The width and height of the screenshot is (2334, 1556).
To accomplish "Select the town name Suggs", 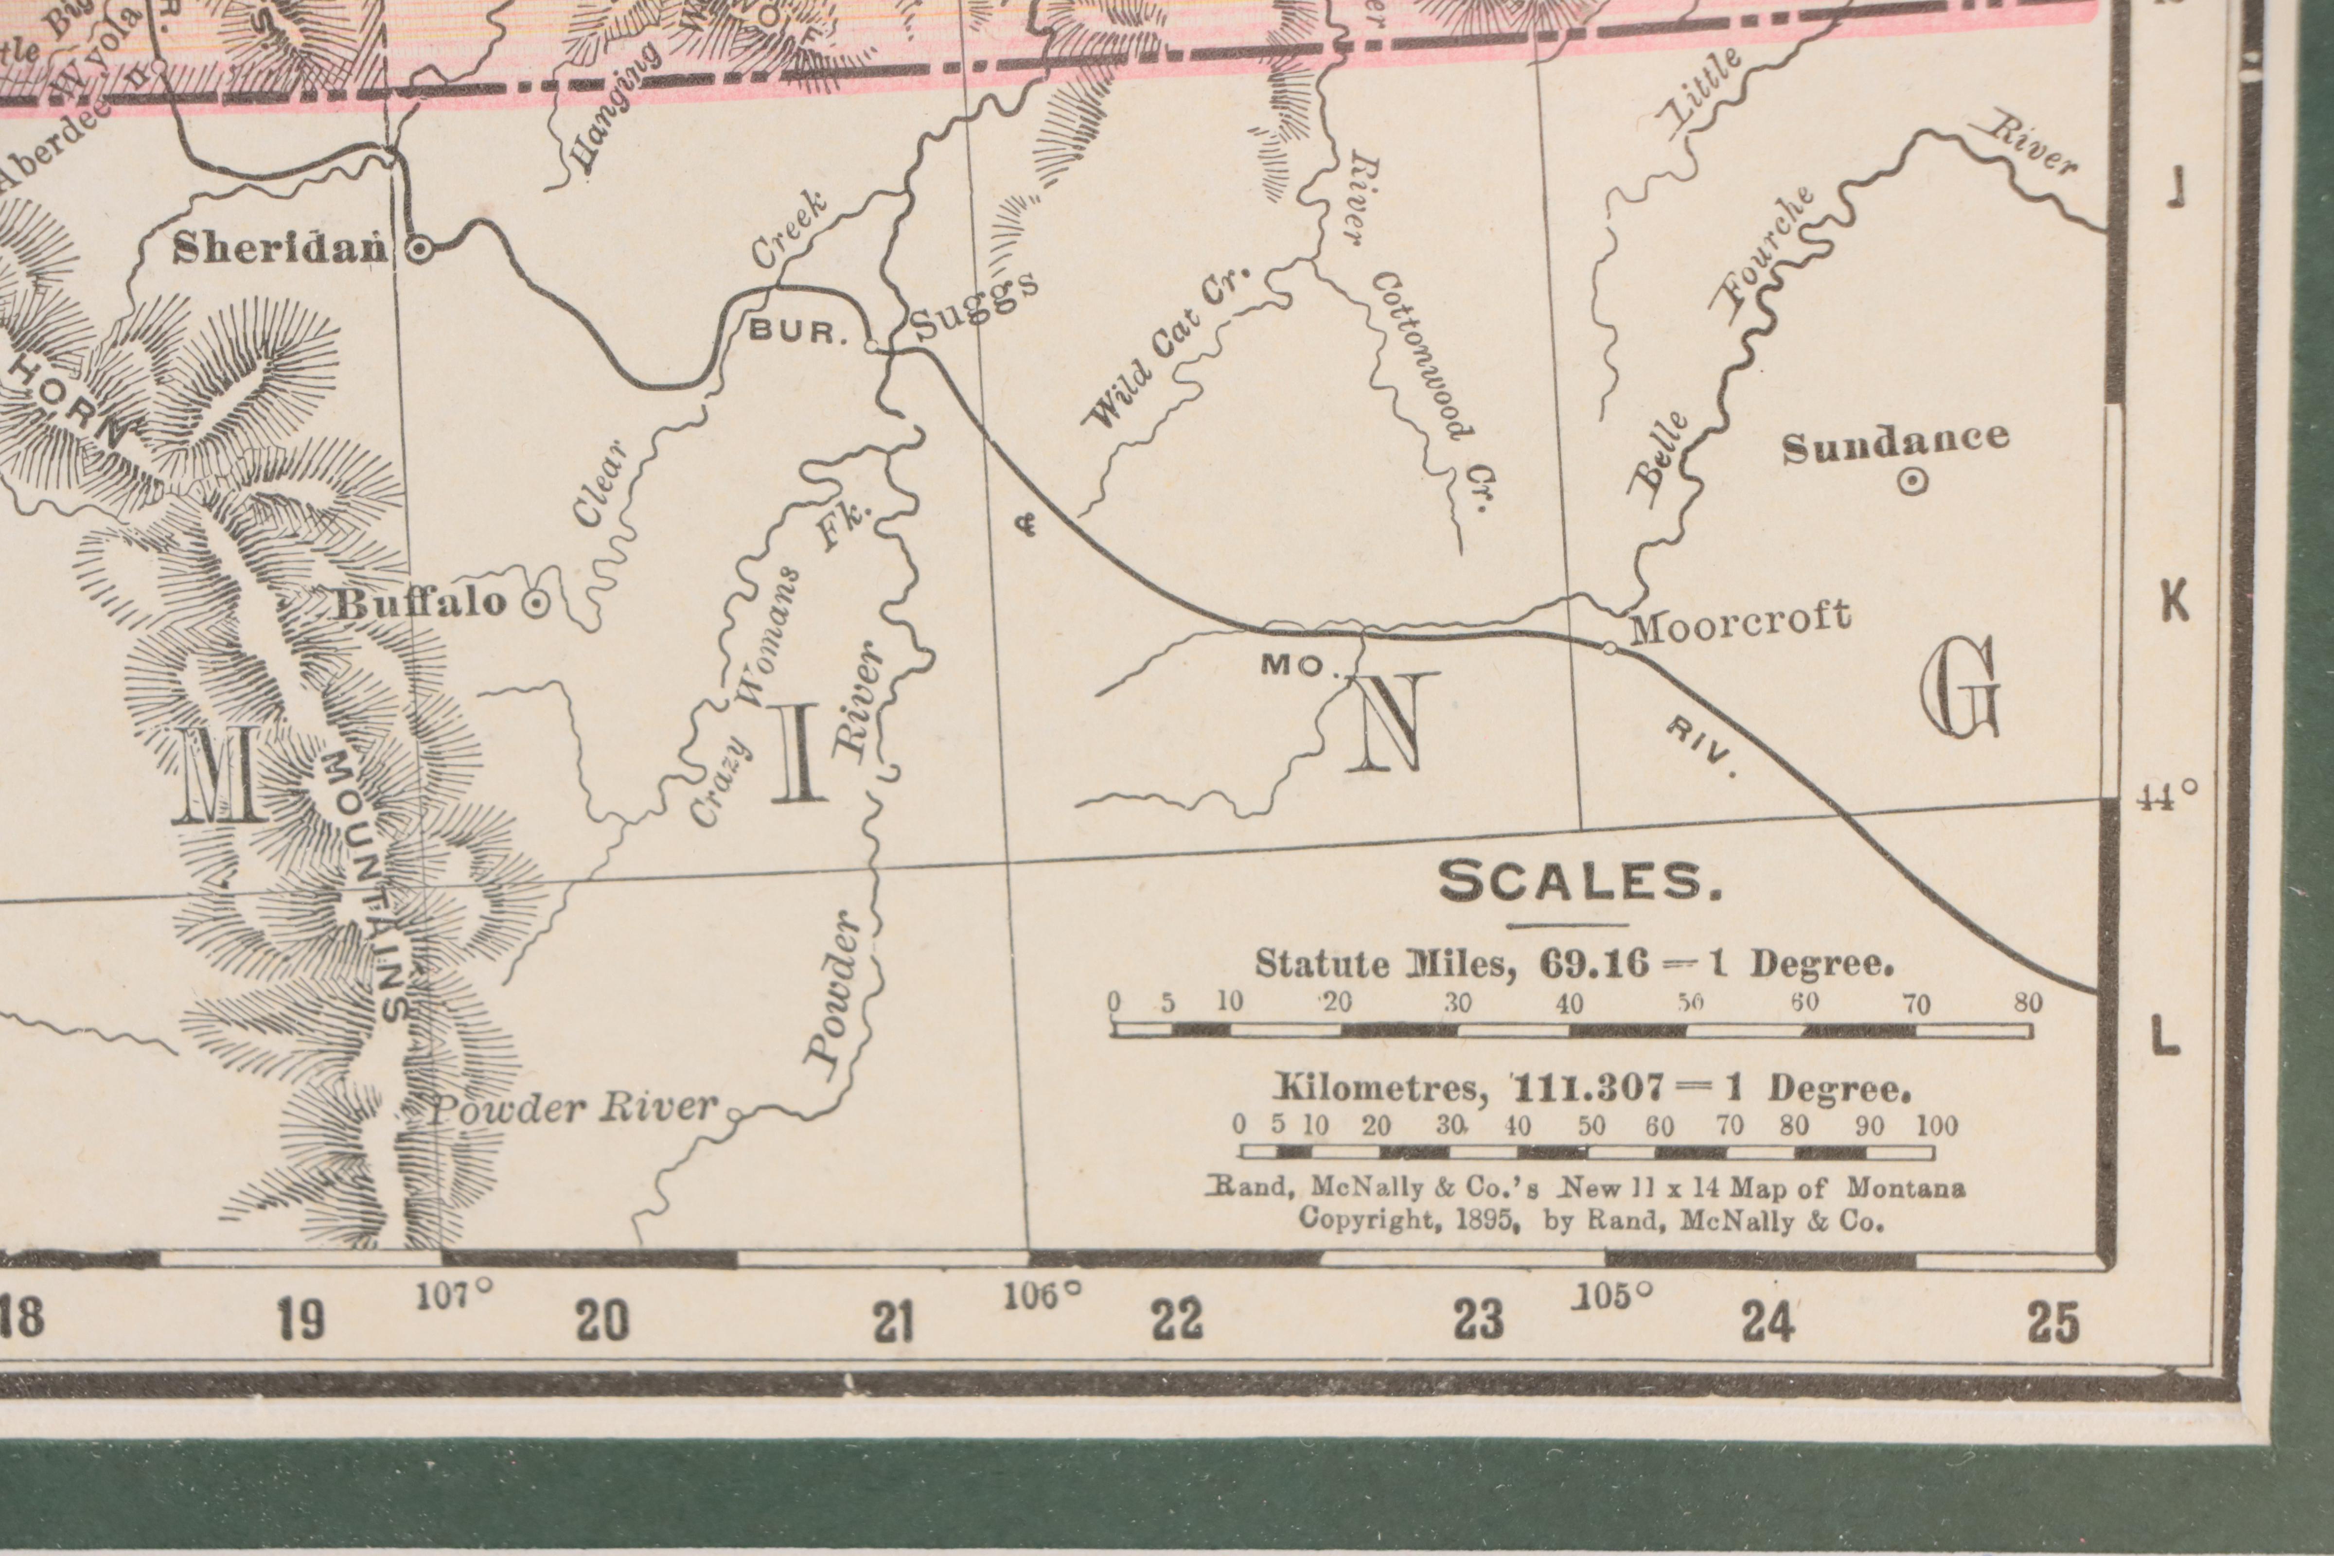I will coord(972,306).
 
